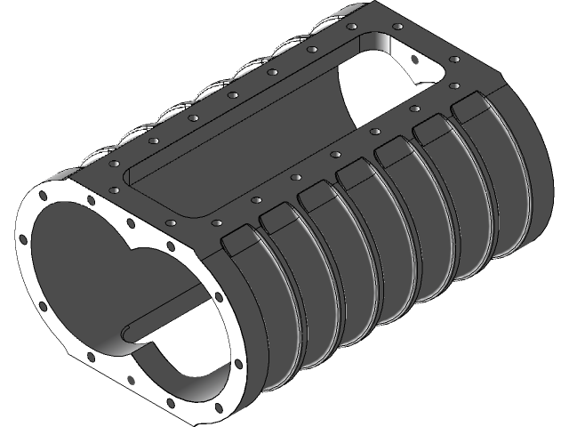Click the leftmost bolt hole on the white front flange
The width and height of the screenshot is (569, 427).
(x=20, y=237)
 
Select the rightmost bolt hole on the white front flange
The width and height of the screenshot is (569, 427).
(x=239, y=364)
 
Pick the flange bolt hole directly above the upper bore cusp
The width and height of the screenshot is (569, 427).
(x=132, y=223)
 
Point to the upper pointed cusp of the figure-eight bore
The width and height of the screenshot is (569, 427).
(x=134, y=252)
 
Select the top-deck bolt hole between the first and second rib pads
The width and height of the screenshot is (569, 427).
(x=255, y=201)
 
